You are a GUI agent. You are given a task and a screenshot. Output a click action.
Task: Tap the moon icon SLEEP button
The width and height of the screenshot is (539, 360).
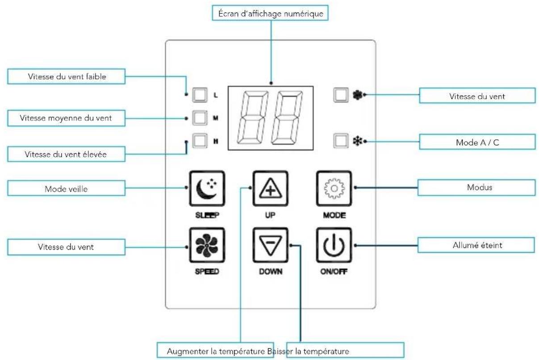[x=207, y=188]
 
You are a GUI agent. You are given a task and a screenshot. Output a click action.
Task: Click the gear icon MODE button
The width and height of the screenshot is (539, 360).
[x=334, y=188]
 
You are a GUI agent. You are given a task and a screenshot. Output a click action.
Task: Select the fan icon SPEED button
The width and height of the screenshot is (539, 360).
[x=207, y=245]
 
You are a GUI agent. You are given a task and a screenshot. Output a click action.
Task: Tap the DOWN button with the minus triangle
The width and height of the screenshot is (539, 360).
[x=271, y=245]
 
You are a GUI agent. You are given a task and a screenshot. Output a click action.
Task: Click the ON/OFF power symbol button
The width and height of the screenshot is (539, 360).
[x=334, y=245]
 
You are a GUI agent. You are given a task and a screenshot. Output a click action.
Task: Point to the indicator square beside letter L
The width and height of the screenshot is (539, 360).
[x=200, y=95]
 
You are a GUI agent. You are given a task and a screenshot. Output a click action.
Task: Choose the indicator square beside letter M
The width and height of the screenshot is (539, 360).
[x=200, y=118]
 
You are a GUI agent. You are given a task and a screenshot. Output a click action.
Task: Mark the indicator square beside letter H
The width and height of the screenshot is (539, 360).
[x=200, y=141]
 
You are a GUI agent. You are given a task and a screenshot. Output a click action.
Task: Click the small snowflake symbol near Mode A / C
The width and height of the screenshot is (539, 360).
[x=358, y=141]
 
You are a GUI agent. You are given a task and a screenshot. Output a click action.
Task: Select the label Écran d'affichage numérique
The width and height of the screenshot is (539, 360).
[x=270, y=13]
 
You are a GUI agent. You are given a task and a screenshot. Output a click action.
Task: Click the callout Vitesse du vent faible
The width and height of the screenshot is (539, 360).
[x=67, y=76]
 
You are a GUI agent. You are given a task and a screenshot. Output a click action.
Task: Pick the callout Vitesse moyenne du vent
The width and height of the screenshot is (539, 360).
[x=67, y=118]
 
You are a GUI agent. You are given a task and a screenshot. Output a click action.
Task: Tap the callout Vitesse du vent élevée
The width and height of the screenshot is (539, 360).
[x=67, y=154]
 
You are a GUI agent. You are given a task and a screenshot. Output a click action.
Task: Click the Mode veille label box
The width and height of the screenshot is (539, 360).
[x=67, y=188]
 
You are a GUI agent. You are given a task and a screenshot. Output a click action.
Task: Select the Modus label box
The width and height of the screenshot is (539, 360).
[x=476, y=187]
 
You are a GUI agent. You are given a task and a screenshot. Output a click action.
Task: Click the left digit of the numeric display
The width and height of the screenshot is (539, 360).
[x=253, y=118]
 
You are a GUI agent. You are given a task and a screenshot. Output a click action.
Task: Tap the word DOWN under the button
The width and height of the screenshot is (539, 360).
[x=271, y=272]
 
